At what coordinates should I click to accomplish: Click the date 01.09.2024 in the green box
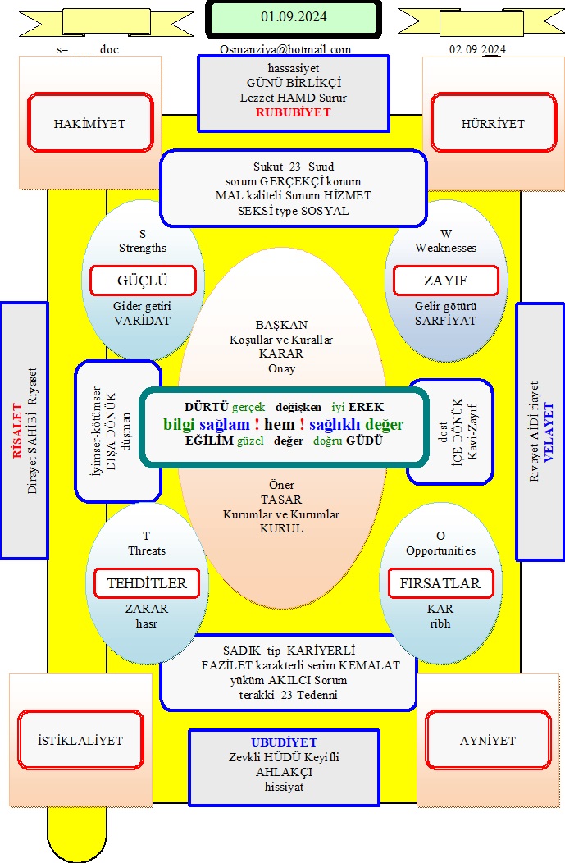pyautogui.click(x=294, y=17)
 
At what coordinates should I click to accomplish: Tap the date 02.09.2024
pyautogui.click(x=477, y=49)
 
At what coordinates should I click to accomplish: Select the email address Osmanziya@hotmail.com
pyautogui.click(x=285, y=49)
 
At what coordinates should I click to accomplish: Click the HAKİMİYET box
pyautogui.click(x=90, y=123)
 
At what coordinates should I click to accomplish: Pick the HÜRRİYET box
pyautogui.click(x=494, y=123)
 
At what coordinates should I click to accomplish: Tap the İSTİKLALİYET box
pyautogui.click(x=80, y=740)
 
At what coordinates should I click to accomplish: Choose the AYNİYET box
pyautogui.click(x=488, y=740)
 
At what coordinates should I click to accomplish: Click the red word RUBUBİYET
pyautogui.click(x=294, y=112)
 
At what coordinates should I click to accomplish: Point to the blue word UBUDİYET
pyautogui.click(x=284, y=742)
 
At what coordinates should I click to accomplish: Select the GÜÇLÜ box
pyautogui.click(x=143, y=281)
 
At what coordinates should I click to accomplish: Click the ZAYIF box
pyautogui.click(x=445, y=281)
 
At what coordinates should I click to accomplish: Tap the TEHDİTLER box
pyautogui.click(x=146, y=583)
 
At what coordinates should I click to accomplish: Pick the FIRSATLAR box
pyautogui.click(x=440, y=583)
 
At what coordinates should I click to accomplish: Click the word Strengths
pyautogui.click(x=143, y=248)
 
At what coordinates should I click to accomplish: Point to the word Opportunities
pyautogui.click(x=440, y=550)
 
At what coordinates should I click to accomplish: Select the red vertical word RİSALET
pyautogui.click(x=17, y=431)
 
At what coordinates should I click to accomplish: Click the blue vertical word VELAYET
pyautogui.click(x=549, y=432)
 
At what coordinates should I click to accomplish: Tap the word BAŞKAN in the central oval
pyautogui.click(x=281, y=325)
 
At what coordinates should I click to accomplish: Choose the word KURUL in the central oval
pyautogui.click(x=281, y=528)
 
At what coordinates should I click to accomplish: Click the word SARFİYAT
pyautogui.click(x=445, y=320)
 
